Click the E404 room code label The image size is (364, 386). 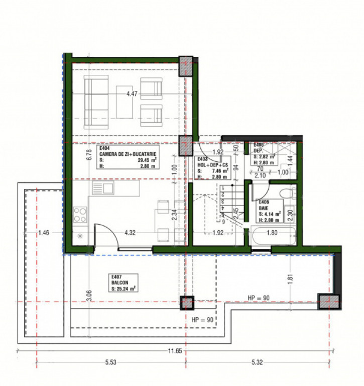pyautogui.click(x=104, y=149)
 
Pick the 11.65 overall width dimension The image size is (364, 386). pyautogui.click(x=175, y=351)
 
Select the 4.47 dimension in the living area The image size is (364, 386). pyautogui.click(x=132, y=93)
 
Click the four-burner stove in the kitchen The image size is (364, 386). pyautogui.click(x=80, y=215)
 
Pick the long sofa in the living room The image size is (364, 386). pyautogui.click(x=95, y=101)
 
